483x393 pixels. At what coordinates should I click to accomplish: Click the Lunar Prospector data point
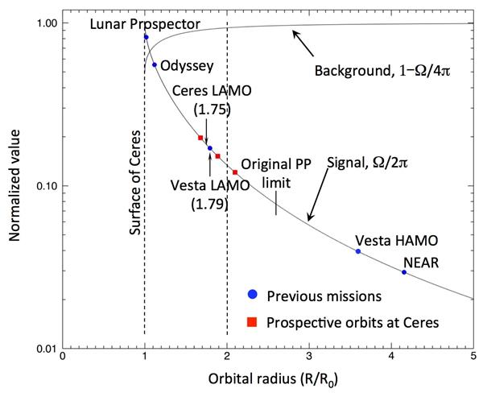(146, 37)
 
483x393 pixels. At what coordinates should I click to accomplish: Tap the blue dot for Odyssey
(154, 65)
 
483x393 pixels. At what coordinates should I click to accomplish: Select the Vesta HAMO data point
(358, 251)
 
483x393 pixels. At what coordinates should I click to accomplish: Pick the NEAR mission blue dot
(404, 272)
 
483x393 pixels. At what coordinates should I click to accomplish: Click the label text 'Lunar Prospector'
(144, 24)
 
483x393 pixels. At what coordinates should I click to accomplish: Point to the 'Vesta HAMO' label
(386, 241)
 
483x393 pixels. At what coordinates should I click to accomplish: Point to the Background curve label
(381, 71)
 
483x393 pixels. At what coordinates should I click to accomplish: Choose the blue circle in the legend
(250, 296)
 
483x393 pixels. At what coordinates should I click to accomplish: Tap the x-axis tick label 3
(309, 354)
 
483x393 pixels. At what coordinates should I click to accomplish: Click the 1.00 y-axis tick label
(46, 23)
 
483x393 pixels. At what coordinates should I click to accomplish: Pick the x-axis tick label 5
(473, 354)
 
